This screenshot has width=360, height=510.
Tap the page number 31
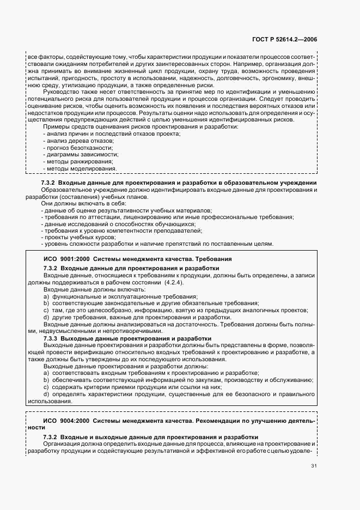pyautogui.click(x=314, y=465)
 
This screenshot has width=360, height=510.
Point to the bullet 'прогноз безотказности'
pyautogui.click(x=78, y=148)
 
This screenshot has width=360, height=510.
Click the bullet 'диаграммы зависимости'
pyautogui.click(x=80, y=155)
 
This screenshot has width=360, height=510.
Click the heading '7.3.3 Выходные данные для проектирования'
pyautogui.click(x=127, y=338)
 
